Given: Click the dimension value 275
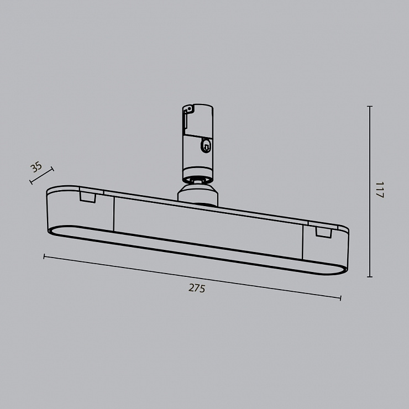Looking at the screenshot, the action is pos(197,288).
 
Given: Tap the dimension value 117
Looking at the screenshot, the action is pos(380,190).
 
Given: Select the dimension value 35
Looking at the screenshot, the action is pos(36,167).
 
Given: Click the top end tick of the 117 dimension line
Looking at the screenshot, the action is pos(370,107).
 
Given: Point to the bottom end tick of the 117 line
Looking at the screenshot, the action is pos(370,277).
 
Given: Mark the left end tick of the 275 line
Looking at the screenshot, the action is pos(44,256).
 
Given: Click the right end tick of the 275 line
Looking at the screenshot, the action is pos(340,298).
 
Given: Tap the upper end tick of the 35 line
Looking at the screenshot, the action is pos(53,169).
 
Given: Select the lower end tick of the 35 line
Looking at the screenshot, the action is pos(31,182).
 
